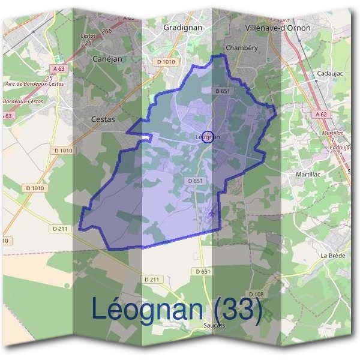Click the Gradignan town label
click(183, 28)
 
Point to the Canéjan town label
click(108, 59)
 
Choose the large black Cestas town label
click(103, 119)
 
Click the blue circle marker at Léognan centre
click(208, 137)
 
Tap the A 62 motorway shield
click(322, 113)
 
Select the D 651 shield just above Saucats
click(203, 272)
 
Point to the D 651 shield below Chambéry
click(223, 91)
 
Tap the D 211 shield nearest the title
click(153, 280)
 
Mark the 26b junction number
click(107, 31)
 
